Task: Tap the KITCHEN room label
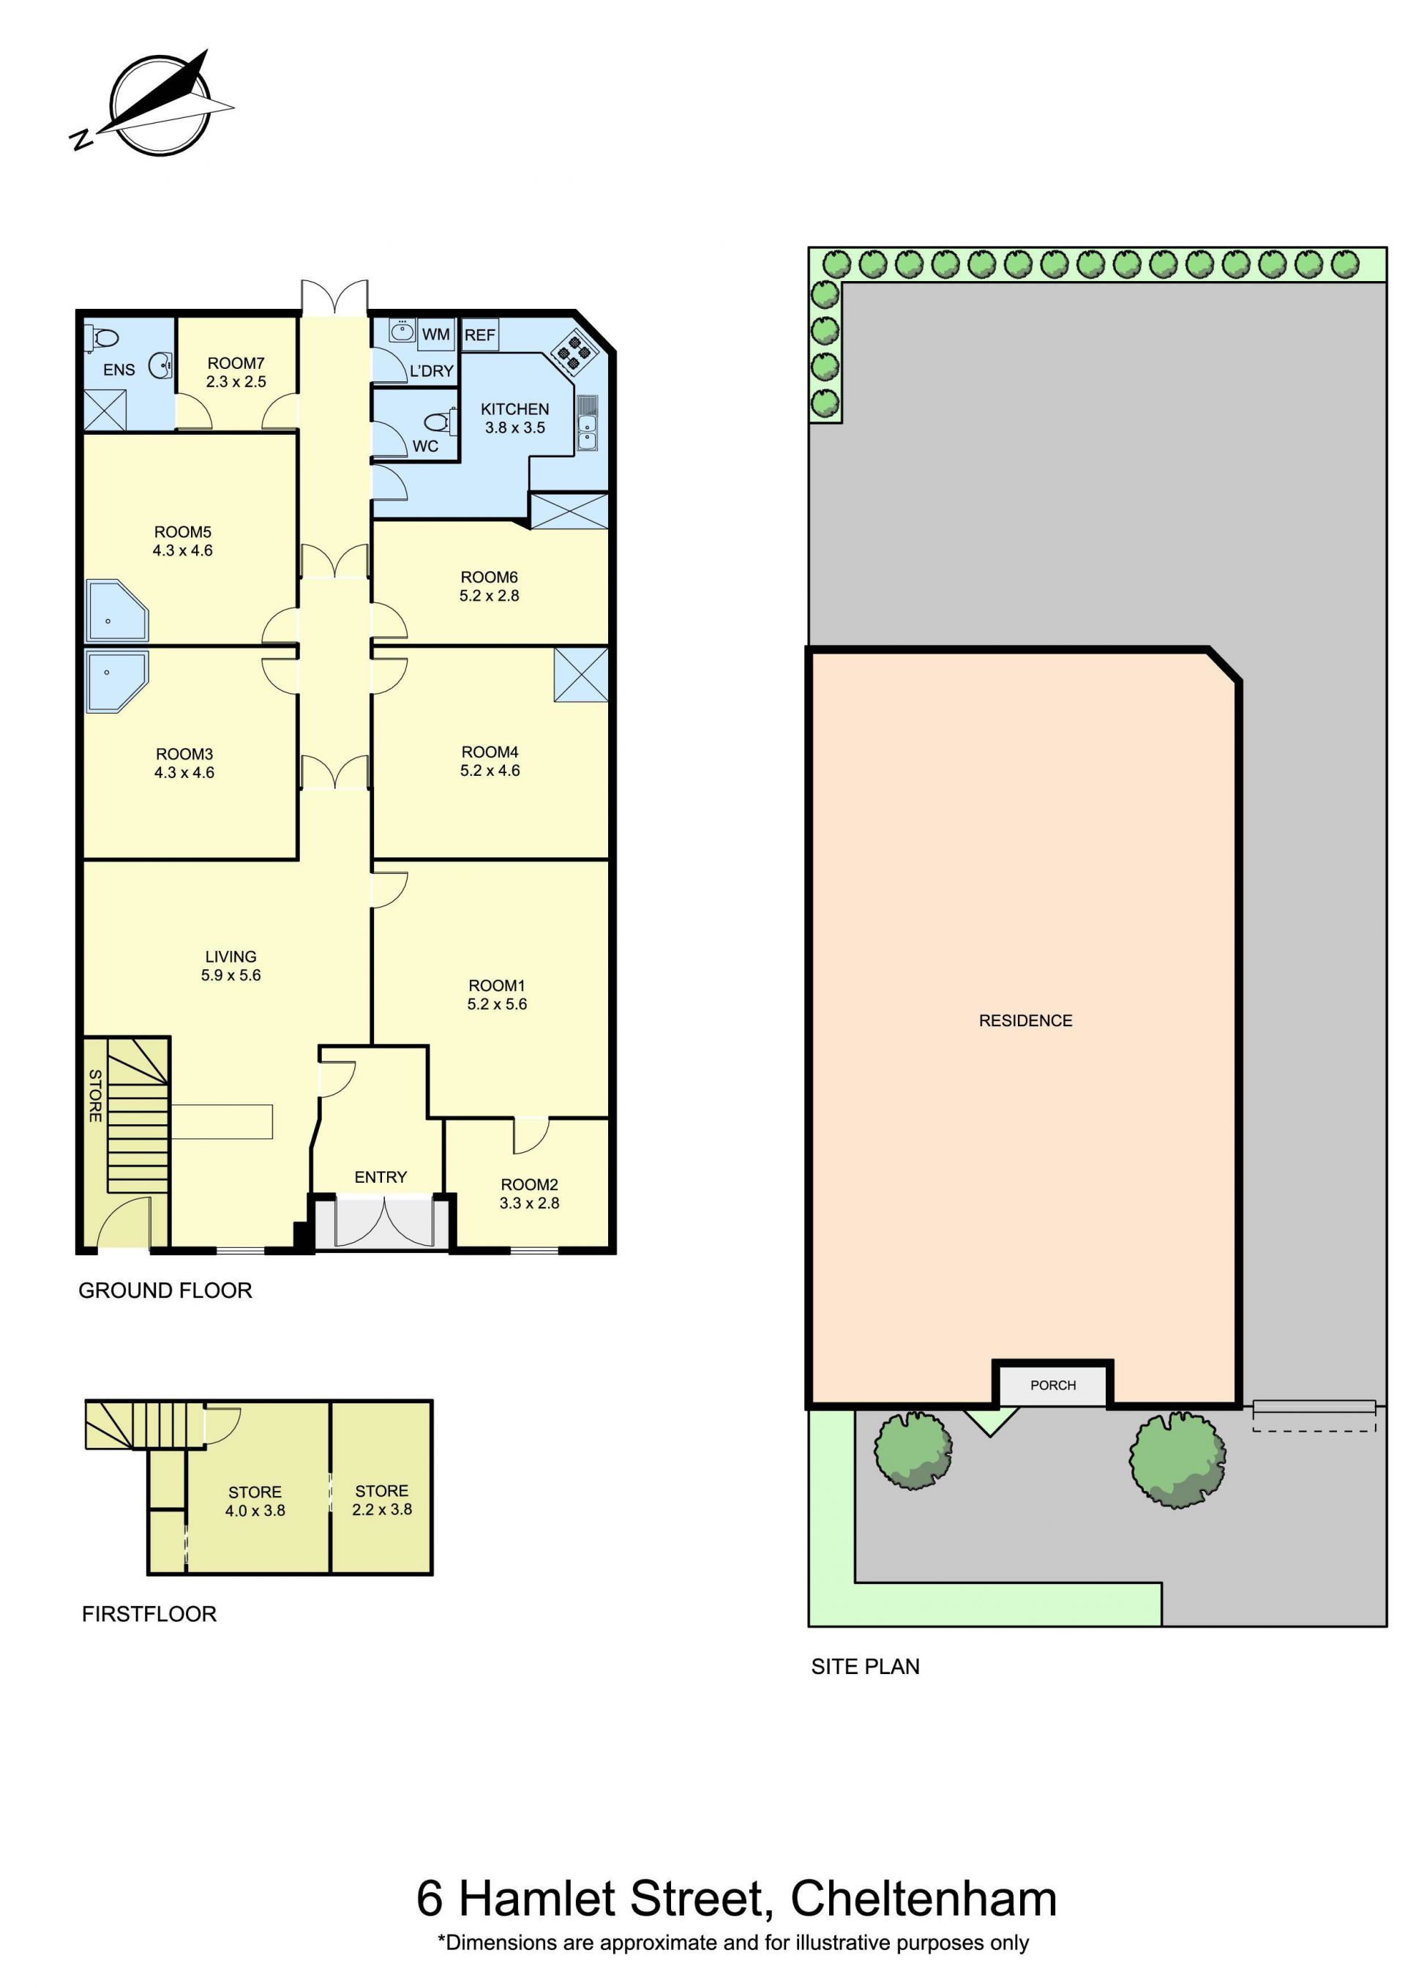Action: tap(515, 408)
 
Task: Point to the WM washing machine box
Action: tap(435, 335)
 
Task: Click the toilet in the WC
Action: tap(439, 422)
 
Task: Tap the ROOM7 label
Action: tap(236, 364)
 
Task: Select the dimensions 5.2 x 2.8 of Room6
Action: tap(489, 596)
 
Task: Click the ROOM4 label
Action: tap(490, 752)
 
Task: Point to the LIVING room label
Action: tap(231, 957)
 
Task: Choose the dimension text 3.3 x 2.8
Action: tap(529, 1203)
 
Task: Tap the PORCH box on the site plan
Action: tap(1053, 1386)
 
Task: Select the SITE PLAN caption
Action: tap(865, 1667)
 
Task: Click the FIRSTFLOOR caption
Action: tap(149, 1614)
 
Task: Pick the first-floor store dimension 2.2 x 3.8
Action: tap(382, 1509)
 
